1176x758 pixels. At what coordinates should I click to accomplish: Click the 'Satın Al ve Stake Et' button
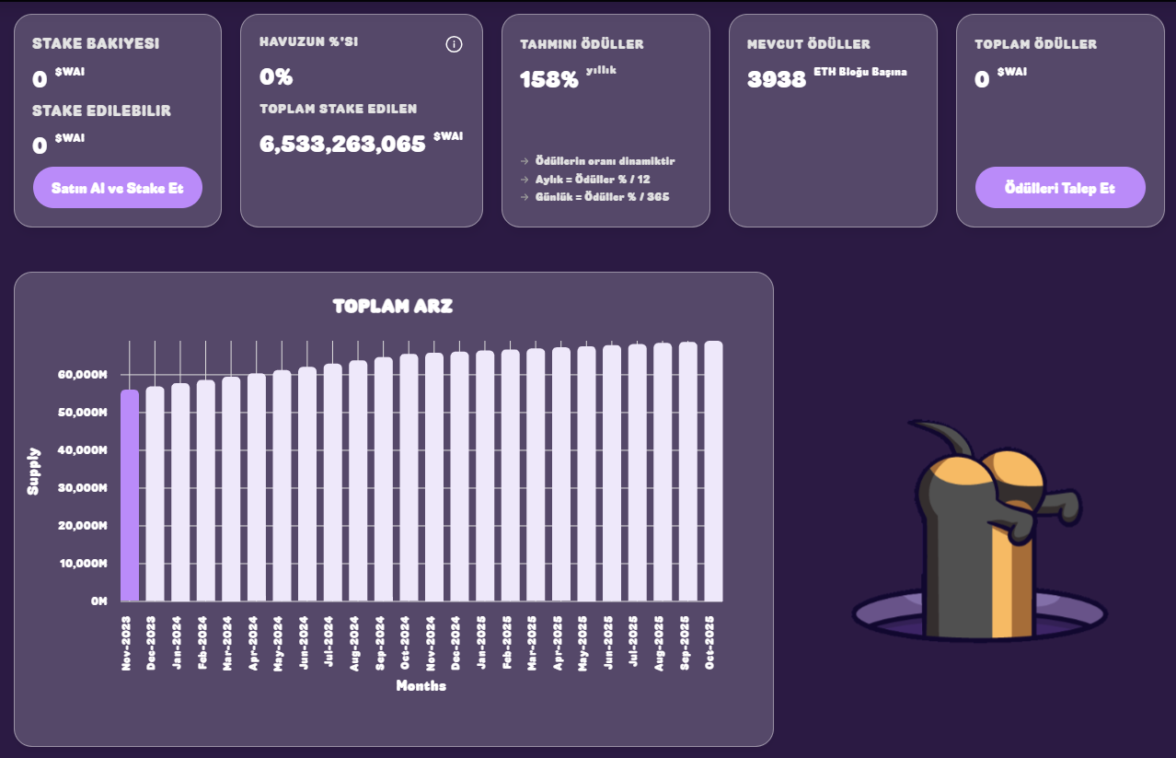click(118, 188)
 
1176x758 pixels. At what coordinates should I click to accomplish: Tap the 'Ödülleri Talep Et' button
click(1060, 188)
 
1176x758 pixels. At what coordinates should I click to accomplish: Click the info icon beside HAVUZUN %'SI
click(454, 44)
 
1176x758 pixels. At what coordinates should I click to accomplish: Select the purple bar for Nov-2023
click(130, 496)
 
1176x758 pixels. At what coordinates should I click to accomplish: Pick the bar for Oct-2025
click(713, 472)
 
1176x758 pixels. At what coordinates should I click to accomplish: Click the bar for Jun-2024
click(307, 484)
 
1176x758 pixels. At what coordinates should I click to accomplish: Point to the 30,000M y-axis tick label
click(83, 488)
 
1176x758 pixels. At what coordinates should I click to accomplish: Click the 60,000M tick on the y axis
click(83, 375)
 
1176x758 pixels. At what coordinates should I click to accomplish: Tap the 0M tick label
click(98, 601)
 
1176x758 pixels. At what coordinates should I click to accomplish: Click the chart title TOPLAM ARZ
click(393, 306)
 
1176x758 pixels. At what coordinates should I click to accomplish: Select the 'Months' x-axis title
click(421, 685)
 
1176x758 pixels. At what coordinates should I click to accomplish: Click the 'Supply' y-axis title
click(34, 472)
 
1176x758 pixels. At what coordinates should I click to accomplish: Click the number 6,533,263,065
click(343, 143)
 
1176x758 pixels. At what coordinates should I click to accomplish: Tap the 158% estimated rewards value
click(549, 79)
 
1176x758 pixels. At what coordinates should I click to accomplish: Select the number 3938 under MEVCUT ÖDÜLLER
click(777, 79)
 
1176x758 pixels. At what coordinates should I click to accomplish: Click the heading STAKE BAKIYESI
click(95, 43)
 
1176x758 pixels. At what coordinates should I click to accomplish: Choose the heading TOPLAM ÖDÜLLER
click(1035, 44)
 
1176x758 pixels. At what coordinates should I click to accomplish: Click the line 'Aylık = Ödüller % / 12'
click(593, 180)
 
